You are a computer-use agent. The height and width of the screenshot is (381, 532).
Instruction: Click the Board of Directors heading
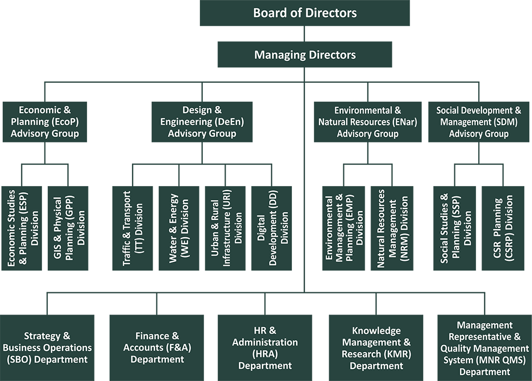click(x=305, y=13)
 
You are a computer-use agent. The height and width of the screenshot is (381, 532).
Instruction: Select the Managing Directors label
click(x=305, y=55)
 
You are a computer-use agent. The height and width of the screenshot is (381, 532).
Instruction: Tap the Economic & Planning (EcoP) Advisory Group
click(x=45, y=122)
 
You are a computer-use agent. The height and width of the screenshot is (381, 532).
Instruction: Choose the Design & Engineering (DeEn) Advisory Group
click(x=202, y=122)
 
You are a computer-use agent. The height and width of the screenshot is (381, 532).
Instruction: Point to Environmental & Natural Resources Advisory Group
click(x=368, y=122)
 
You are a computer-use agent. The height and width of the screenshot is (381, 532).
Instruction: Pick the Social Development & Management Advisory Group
click(x=479, y=122)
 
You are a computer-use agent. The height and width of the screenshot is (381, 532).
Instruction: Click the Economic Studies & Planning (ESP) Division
click(x=23, y=229)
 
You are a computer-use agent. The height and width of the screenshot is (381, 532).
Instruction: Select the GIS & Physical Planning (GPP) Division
click(x=70, y=229)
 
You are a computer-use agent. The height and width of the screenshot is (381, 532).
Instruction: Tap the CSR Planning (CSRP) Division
click(x=503, y=229)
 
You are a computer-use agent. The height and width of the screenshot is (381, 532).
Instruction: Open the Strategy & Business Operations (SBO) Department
click(x=47, y=348)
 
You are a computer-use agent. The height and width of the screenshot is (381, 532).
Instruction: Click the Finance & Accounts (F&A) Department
click(x=158, y=348)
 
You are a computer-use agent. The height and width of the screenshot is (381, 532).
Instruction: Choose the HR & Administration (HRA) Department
click(x=265, y=348)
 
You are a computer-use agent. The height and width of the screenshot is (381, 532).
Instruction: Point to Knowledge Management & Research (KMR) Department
click(x=376, y=348)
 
